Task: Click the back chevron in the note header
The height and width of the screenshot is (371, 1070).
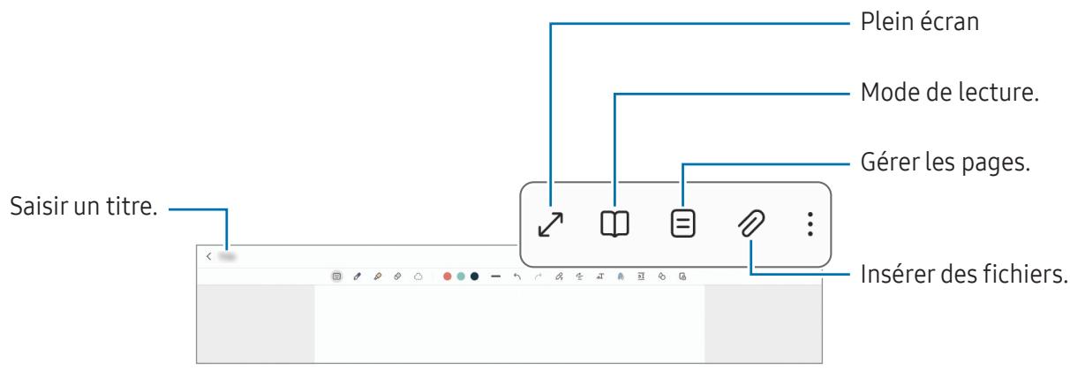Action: [209, 256]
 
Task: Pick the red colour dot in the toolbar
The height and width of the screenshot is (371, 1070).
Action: [447, 276]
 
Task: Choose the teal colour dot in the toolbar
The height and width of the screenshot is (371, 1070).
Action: [460, 276]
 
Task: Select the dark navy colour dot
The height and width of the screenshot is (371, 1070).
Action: [474, 276]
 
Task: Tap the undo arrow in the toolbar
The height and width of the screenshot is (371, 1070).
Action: [516, 276]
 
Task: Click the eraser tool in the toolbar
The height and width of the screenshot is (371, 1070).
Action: [397, 276]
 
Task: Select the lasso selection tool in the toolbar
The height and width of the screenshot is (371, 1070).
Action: [418, 276]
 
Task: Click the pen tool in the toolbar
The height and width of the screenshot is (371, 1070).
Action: [358, 276]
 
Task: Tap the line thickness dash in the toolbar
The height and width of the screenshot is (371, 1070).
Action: [495, 276]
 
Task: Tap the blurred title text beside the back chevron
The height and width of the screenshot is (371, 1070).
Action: [229, 256]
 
